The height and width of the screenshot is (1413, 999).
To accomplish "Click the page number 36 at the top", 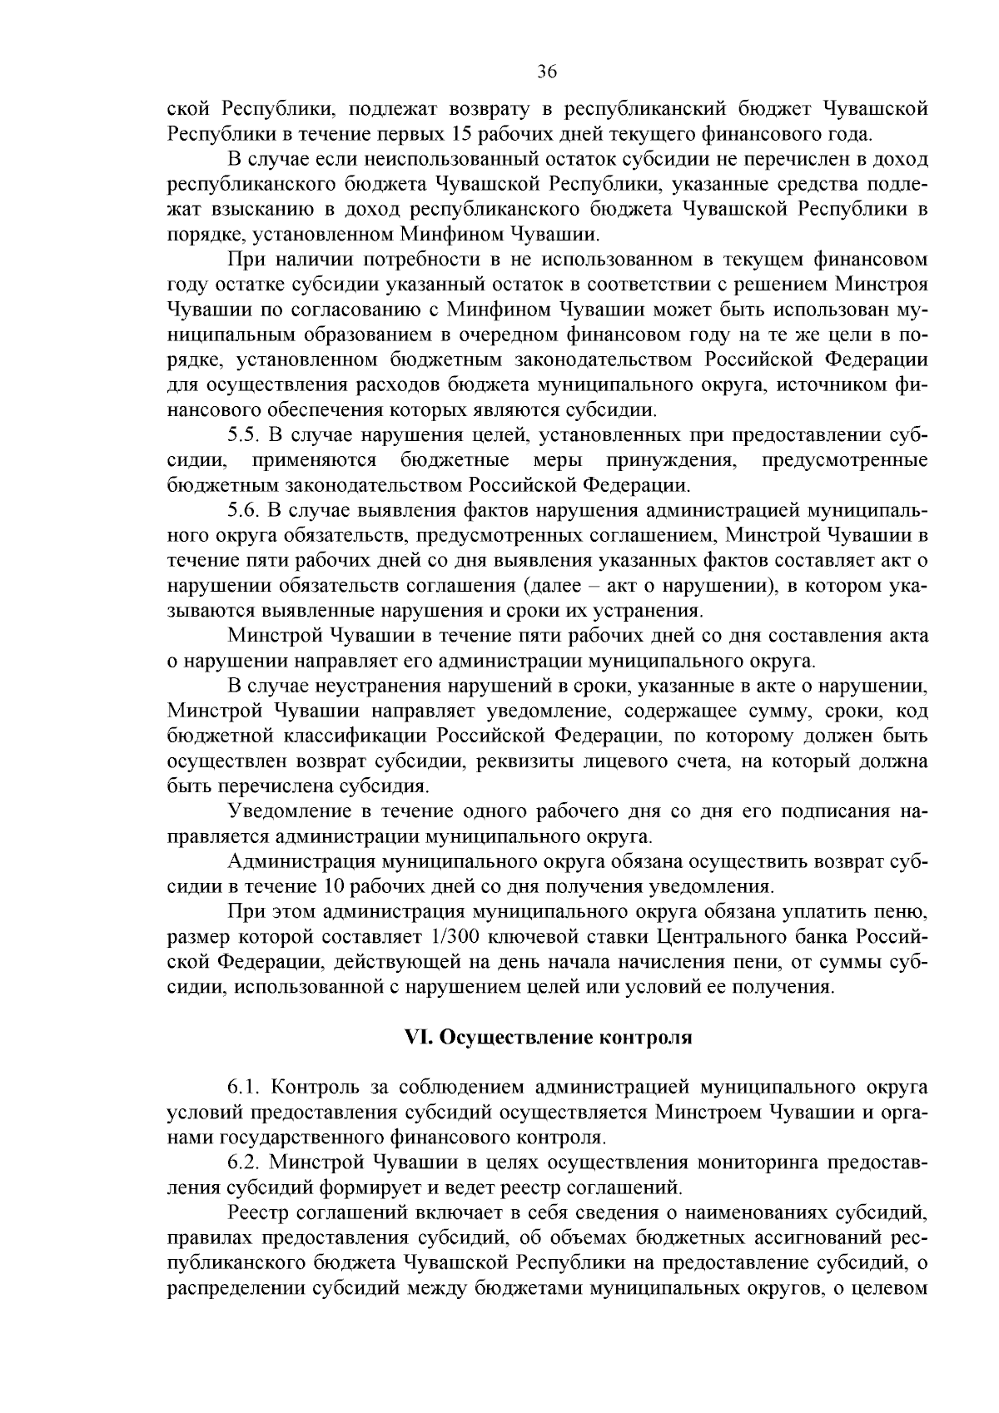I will [546, 72].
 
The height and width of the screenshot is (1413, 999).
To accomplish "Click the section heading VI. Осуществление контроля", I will [548, 1038].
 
